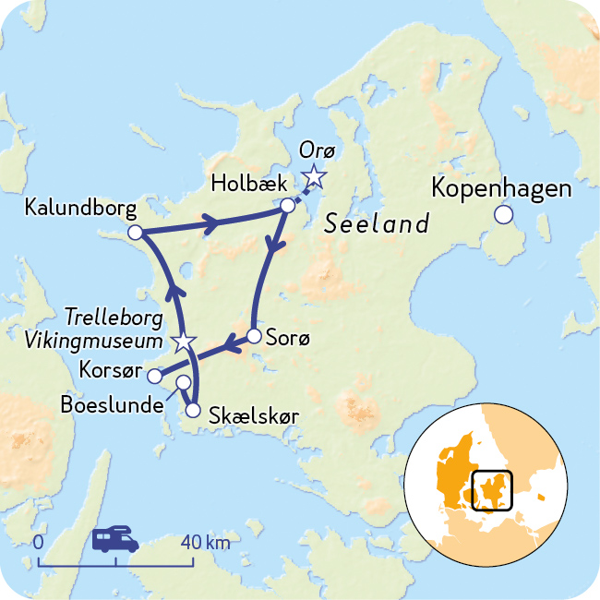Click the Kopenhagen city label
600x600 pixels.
coord(502,189)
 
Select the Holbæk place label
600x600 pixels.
coord(243,182)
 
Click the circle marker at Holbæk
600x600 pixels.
coord(288,205)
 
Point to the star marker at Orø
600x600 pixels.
coord(315,175)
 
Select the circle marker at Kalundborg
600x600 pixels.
coord(135,233)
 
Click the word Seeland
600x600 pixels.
coord(377,224)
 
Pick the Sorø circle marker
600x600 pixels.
coord(255,336)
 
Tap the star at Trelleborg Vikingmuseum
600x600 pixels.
coord(185,342)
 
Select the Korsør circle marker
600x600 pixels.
coord(155,376)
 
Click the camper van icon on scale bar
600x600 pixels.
coord(115,539)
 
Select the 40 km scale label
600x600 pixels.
coord(205,541)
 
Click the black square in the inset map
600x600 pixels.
coord(492,489)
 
